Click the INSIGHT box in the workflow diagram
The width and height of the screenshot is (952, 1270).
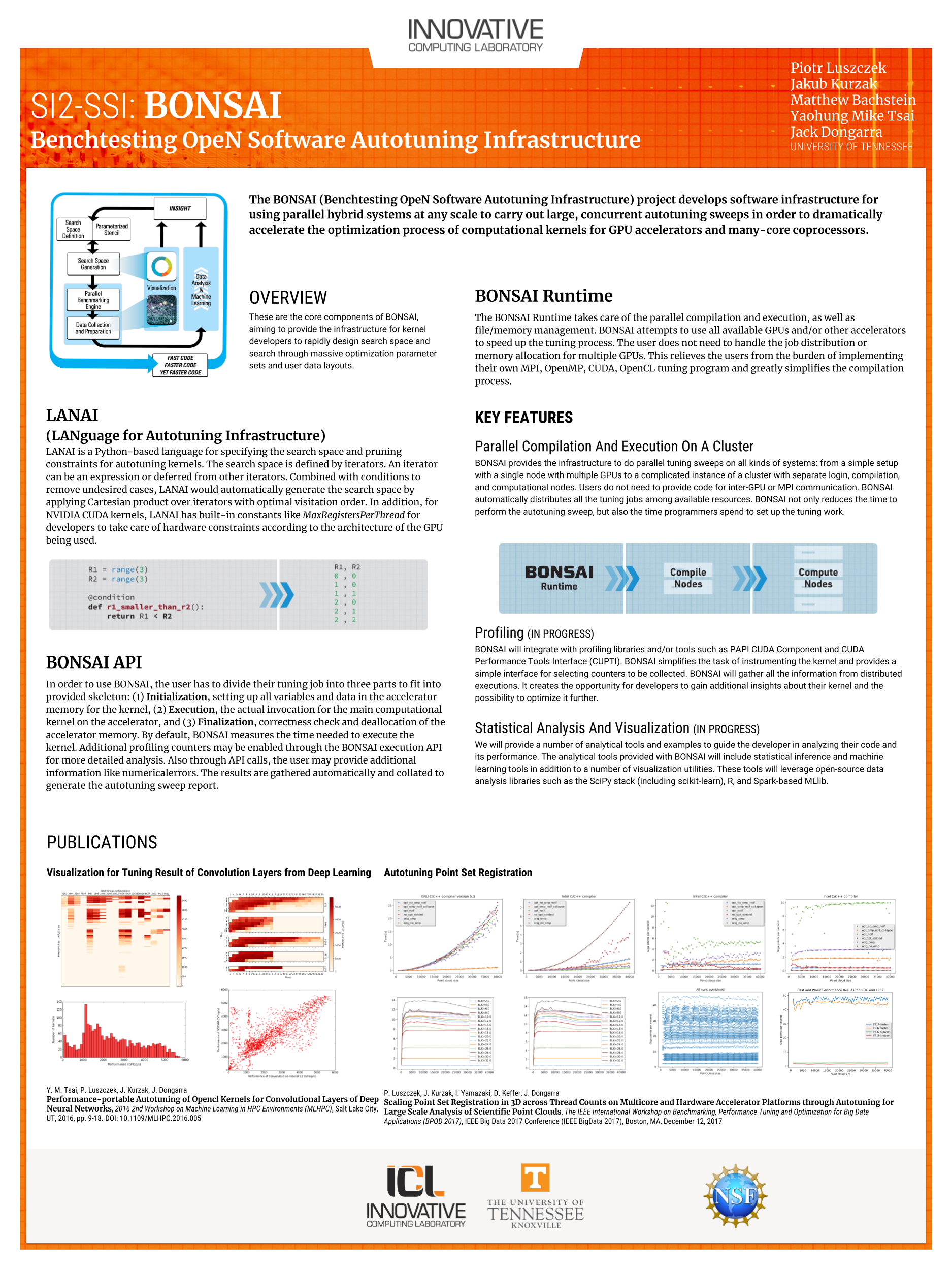coord(180,208)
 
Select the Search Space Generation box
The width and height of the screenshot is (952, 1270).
coord(93,264)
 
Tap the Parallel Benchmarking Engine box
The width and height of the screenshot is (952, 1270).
coord(93,300)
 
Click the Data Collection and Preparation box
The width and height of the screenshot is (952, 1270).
coord(93,328)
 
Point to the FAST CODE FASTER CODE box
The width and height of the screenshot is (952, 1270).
coord(180,365)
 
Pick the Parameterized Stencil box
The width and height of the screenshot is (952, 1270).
coord(111,229)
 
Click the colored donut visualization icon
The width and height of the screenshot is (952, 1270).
coord(161,266)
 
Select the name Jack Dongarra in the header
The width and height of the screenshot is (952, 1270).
coord(836,132)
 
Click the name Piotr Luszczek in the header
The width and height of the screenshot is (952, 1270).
coord(838,68)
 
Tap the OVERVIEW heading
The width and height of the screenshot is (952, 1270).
coord(287,297)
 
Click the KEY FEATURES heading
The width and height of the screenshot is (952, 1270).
coord(523,418)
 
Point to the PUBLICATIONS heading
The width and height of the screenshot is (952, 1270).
coord(102,842)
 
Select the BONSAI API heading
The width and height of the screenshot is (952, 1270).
coord(93,662)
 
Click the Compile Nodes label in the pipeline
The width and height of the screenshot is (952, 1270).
coord(687,578)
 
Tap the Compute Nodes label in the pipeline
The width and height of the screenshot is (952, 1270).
coord(818,578)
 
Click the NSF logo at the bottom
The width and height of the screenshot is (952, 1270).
coord(735,1195)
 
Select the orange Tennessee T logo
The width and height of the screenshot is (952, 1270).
coord(535,1177)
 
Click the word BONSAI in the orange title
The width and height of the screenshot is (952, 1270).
coord(212,106)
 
